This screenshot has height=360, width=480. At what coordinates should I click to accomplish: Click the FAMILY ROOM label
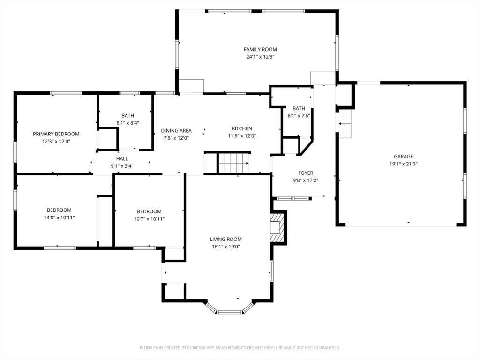(x=260, y=49)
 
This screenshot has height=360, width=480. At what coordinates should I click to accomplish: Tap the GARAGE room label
(x=404, y=157)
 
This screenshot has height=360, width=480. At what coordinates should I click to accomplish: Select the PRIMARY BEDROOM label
(x=56, y=134)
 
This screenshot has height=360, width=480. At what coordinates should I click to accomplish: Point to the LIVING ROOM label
(x=226, y=240)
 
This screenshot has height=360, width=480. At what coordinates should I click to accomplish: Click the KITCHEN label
(x=242, y=128)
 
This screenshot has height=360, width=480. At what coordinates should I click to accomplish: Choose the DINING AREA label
(x=176, y=131)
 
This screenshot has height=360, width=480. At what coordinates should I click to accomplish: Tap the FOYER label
(x=306, y=173)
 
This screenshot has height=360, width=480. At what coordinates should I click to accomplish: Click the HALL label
(x=122, y=159)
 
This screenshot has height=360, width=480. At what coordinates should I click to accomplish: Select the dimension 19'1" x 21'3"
(x=404, y=164)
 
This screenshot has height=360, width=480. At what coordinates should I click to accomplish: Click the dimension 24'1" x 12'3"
(x=260, y=57)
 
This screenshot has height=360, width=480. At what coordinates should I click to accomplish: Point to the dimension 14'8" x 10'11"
(x=59, y=217)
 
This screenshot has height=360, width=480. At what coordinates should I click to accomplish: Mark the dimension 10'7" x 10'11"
(x=149, y=219)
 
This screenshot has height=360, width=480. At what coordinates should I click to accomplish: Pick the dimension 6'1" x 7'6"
(x=299, y=116)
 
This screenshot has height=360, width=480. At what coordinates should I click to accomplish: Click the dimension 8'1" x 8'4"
(x=127, y=123)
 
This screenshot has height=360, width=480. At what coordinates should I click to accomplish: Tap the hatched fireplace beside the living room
(x=277, y=227)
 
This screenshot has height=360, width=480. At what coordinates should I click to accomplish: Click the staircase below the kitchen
(x=234, y=163)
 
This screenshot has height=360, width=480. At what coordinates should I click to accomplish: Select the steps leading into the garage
(x=345, y=124)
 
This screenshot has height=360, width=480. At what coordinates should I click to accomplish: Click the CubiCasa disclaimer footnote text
(x=240, y=348)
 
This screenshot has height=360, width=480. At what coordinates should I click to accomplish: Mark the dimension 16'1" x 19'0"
(x=226, y=247)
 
